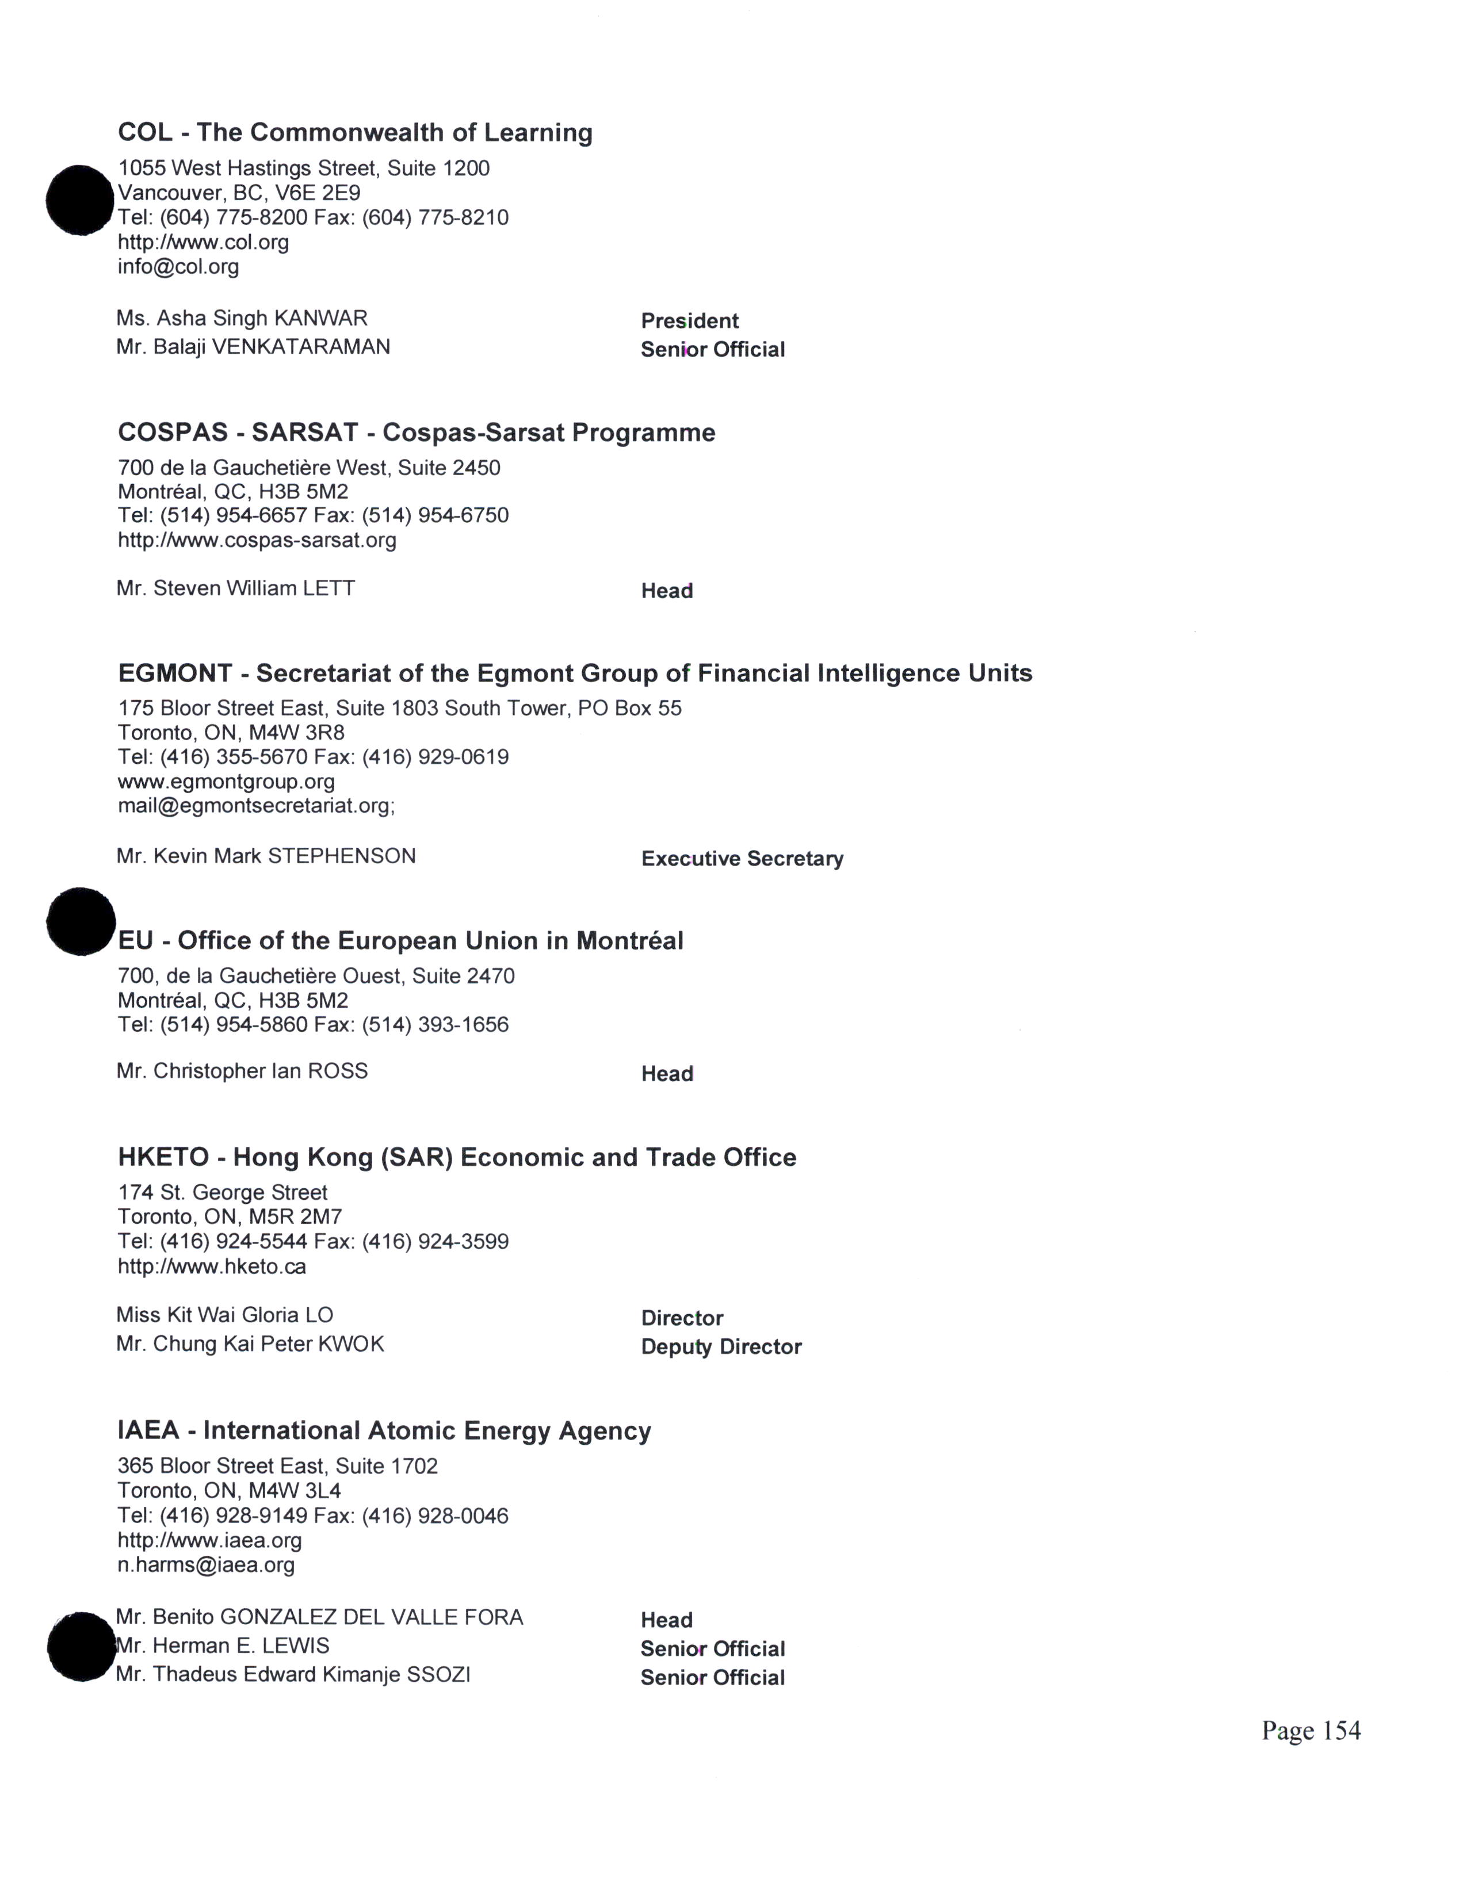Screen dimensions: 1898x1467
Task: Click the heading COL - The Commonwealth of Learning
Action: click(354, 132)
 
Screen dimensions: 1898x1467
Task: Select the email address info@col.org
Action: click(178, 267)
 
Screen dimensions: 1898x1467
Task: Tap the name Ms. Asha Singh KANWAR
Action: click(242, 318)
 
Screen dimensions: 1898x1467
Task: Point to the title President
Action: click(689, 321)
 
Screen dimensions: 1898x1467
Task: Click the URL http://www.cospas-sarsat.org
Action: click(257, 541)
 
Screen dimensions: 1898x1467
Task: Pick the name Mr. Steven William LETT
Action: click(235, 588)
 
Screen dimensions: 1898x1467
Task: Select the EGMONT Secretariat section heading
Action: click(575, 674)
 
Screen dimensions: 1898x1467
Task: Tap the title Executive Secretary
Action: click(742, 859)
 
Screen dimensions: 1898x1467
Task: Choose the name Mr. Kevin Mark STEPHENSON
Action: click(266, 856)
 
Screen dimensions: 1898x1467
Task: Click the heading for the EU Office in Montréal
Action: click(400, 940)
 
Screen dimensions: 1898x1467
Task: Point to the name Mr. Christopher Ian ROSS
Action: click(242, 1071)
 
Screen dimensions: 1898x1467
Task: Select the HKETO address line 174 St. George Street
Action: click(223, 1192)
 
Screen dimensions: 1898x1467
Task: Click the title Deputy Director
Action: click(720, 1346)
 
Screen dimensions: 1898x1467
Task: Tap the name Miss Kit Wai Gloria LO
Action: click(224, 1315)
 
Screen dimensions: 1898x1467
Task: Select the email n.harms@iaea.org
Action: click(206, 1565)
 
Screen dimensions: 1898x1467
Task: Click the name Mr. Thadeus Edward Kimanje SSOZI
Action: click(292, 1675)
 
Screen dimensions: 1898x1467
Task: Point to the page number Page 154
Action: click(1310, 1731)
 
